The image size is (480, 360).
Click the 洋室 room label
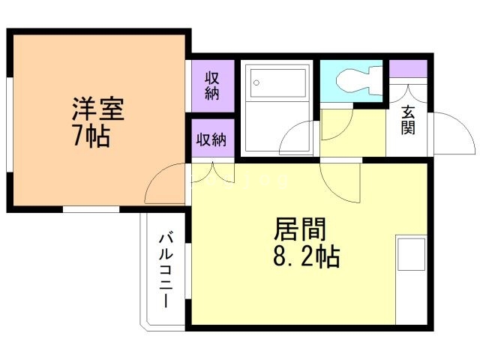tap(97, 110)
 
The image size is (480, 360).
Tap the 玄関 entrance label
tap(408, 120)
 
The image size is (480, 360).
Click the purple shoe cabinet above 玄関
tap(407, 67)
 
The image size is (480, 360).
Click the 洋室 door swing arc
tap(166, 184)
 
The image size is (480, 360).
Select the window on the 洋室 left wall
tap(9, 120)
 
